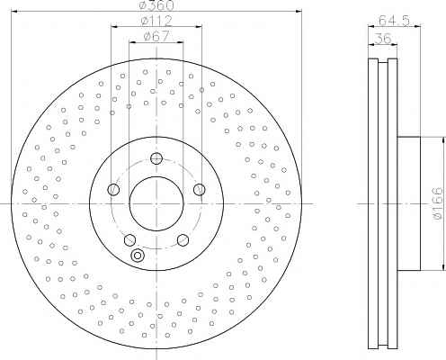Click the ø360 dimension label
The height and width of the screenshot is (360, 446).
[156, 5]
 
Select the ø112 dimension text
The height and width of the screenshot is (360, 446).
[156, 21]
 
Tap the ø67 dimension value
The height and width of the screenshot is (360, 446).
[156, 37]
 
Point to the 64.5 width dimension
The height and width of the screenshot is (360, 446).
[394, 21]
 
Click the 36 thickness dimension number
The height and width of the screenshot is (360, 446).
[383, 39]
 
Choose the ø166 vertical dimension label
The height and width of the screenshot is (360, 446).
[437, 204]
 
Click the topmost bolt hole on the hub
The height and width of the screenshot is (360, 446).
[156, 158]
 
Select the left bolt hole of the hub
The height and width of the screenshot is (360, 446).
[113, 189]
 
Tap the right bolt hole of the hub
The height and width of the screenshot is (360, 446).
[200, 189]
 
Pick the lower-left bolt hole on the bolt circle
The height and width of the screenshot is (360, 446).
[129, 239]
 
